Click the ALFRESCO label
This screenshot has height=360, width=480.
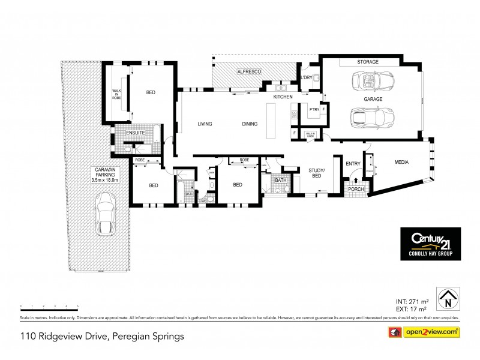coord(248,72)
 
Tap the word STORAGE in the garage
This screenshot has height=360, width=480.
coord(368,62)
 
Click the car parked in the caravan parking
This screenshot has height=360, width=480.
coord(106,215)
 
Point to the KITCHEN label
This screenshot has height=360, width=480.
coord(283,97)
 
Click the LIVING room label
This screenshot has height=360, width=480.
coord(206,124)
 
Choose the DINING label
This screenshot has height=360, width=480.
coord(250,124)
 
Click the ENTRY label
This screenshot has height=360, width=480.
coord(353,162)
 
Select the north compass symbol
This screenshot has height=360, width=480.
coord(446,296)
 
